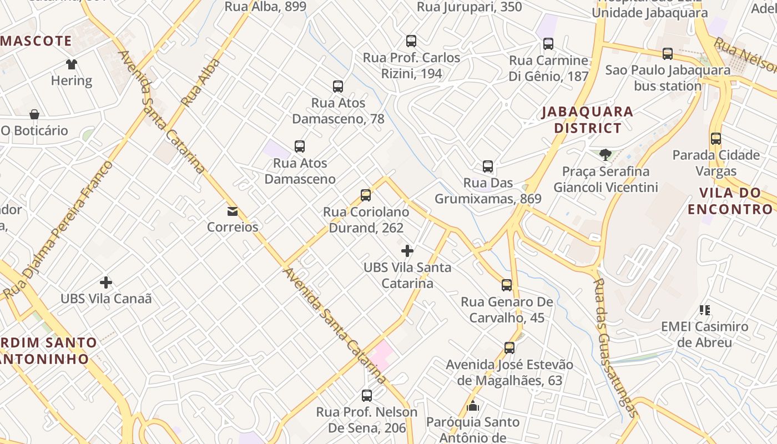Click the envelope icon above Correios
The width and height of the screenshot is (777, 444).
coord(232,211)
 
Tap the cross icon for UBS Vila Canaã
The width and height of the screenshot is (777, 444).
coord(105,282)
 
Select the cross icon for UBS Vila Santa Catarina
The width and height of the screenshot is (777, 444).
coord(407,251)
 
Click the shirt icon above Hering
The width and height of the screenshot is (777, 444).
coord(72,64)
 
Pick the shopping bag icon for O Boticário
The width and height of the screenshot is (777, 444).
coord(34,114)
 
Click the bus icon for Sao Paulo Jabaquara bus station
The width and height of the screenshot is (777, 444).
coord(668,54)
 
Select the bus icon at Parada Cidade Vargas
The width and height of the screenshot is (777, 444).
coord(716,139)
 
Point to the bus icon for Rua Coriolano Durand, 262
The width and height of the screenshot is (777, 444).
coord(366,195)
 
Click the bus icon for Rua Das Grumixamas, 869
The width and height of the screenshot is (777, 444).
coord(488,167)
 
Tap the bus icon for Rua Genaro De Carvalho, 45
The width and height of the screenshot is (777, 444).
coord(507,285)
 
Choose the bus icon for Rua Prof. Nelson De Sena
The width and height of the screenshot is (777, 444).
coord(367,396)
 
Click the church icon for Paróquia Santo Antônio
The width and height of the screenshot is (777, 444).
coord(473,406)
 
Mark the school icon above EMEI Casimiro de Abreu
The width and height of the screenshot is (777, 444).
coord(705,310)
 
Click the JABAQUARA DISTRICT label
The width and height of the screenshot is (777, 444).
coord(587,120)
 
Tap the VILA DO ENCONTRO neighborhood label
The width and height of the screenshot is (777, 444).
coord(730,201)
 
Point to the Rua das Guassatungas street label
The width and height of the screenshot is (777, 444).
coord(615,347)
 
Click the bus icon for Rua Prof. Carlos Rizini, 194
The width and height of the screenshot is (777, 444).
coord(411,41)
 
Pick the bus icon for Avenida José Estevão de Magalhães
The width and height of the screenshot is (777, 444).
coord(509,348)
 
